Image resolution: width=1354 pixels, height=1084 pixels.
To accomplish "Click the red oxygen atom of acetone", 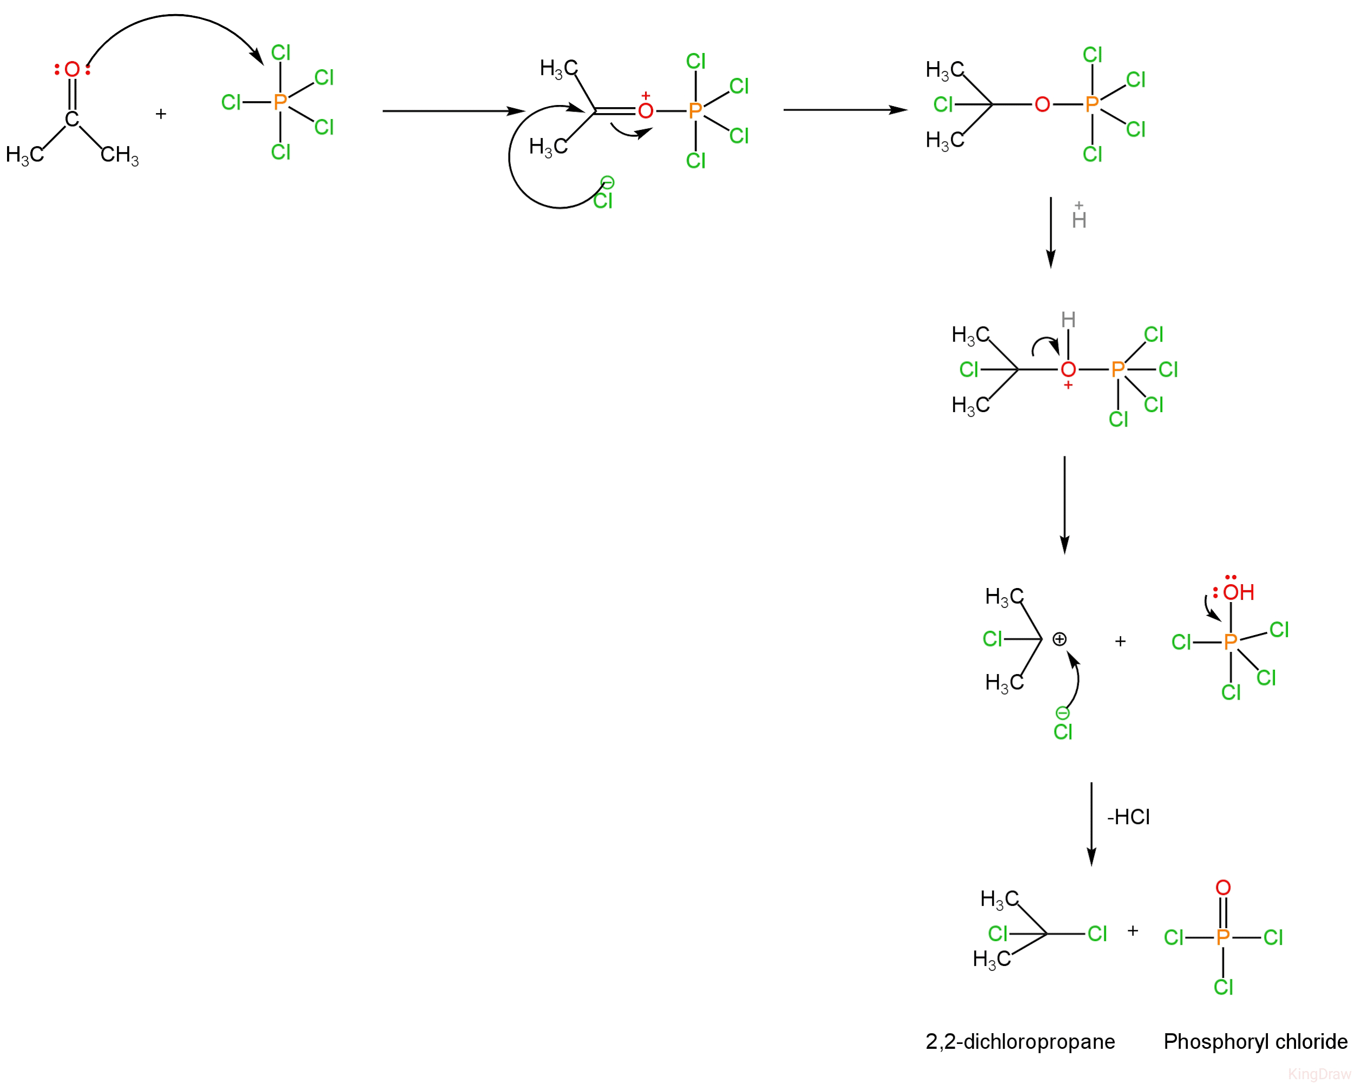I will [72, 70].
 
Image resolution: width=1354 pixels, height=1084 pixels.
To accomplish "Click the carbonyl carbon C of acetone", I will [72, 119].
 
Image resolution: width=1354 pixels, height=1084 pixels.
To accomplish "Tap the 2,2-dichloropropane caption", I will [1020, 1041].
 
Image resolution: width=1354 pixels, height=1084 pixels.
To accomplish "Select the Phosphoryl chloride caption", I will [1255, 1041].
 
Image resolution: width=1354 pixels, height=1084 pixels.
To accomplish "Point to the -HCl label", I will [1129, 817].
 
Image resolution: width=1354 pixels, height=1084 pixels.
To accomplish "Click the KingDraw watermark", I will [1319, 1074].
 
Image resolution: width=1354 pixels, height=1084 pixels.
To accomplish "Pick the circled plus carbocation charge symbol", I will [1059, 639].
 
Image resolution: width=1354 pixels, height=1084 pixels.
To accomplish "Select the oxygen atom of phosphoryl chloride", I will [1223, 887].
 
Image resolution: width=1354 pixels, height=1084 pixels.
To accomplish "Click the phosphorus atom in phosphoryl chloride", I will [1223, 937].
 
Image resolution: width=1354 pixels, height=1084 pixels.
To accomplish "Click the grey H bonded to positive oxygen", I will [1068, 320].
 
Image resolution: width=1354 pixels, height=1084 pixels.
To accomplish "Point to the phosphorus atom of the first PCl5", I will [280, 102].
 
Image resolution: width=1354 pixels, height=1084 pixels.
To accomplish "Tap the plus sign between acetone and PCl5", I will [161, 114].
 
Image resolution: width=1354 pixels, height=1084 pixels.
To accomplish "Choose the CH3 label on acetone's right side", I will [119, 154].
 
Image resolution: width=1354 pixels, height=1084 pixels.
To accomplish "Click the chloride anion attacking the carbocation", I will [1063, 730].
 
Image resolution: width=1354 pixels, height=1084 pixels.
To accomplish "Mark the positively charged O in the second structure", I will [646, 111].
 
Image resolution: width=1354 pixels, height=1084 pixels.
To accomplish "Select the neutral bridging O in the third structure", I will [1043, 104].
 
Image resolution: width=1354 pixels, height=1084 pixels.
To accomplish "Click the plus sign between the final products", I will [1133, 930].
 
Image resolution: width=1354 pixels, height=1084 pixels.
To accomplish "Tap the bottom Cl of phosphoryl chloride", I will [1223, 987].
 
